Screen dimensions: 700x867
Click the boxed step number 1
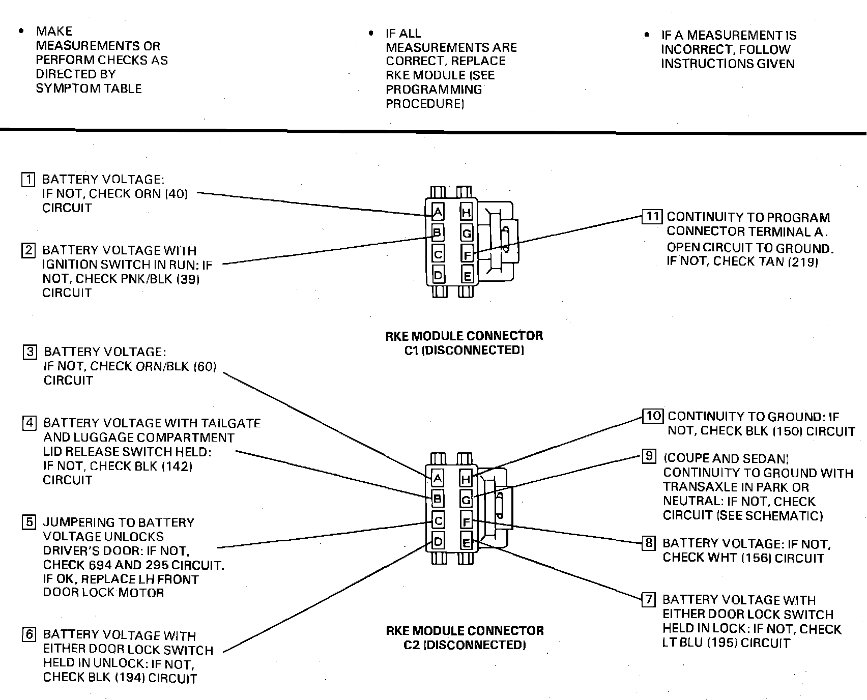click(28, 180)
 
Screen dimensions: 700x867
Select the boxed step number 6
click(30, 634)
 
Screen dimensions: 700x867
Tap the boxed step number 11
click(652, 217)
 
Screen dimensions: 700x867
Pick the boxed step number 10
click(653, 416)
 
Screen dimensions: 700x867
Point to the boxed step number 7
click(649, 599)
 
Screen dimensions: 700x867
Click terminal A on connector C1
click(438, 212)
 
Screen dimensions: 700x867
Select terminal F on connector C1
click(467, 254)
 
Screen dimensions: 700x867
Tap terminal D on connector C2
click(438, 542)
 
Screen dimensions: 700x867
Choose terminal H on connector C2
click(466, 478)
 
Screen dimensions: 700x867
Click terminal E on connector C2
click(466, 543)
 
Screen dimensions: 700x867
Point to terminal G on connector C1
click(467, 234)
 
